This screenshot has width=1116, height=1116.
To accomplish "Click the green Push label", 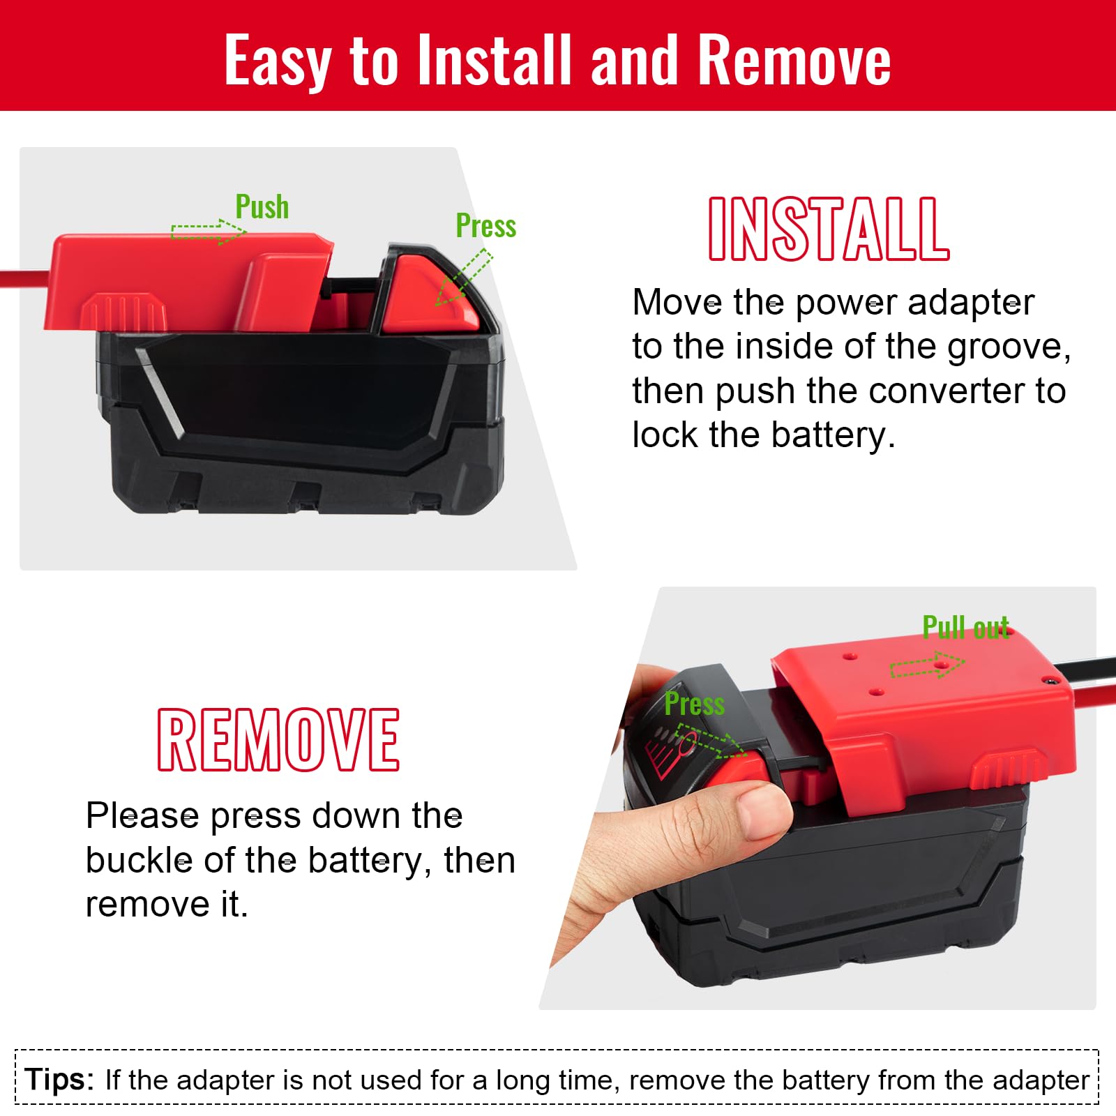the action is [262, 206].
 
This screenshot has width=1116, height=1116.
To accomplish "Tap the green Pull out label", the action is [966, 628].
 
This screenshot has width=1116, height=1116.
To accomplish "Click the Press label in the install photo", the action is [486, 226].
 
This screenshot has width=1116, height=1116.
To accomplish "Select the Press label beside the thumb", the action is [695, 704].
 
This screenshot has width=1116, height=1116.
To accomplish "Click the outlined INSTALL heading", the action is [829, 229].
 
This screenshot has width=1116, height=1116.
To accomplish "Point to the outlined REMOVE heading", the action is [278, 739].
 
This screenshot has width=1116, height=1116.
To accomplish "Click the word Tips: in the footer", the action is [59, 1079].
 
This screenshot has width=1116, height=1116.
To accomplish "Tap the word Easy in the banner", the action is [278, 61].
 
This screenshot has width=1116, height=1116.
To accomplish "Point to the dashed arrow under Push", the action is [209, 231].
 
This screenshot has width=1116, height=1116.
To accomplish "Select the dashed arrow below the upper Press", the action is [464, 278].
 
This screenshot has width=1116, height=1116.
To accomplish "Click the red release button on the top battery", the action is [431, 293].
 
